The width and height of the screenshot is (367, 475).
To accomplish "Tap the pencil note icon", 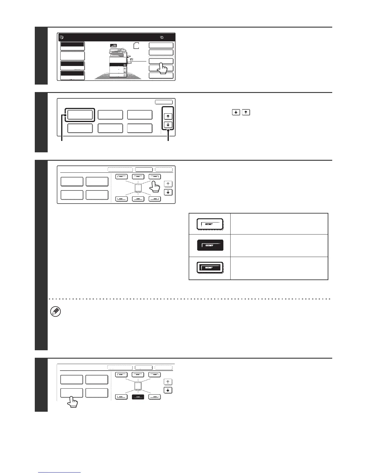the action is (x=56, y=312).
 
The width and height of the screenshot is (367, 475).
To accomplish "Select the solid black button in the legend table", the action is (x=210, y=245).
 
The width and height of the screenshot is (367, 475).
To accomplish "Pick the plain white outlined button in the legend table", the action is (x=210, y=224).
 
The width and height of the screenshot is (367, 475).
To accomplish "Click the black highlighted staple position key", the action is (x=138, y=397).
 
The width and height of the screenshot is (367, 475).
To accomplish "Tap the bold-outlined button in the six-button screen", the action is (x=80, y=115).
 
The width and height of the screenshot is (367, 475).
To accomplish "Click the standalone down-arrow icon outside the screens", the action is (x=236, y=112).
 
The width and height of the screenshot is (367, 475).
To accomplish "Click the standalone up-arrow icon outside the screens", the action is (x=246, y=112).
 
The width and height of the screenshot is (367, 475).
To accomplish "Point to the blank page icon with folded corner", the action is (x=136, y=46).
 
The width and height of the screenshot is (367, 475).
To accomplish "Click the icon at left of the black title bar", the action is (x=61, y=37).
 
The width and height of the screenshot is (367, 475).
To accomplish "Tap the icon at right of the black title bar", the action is (x=162, y=37).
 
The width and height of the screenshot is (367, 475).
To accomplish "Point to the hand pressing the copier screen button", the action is (x=162, y=68).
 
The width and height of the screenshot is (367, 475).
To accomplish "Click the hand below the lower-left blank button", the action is (x=72, y=402).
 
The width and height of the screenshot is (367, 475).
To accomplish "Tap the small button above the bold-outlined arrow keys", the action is (x=164, y=102).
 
